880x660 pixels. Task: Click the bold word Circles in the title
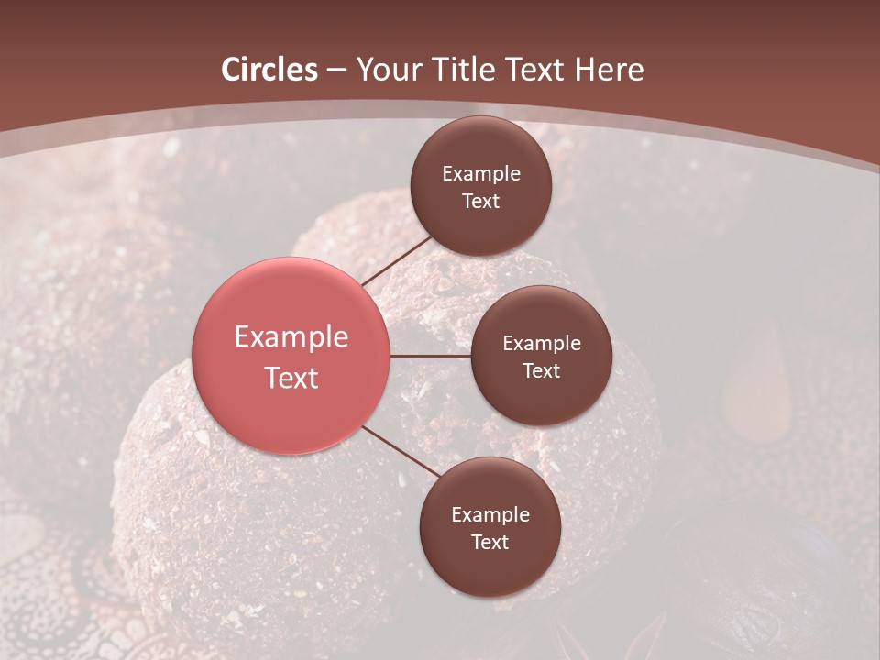coord(269,70)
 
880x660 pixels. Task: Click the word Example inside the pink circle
coord(291,337)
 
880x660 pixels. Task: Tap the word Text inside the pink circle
coord(291,378)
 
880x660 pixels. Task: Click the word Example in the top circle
coord(480,174)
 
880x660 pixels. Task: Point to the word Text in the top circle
coord(480,202)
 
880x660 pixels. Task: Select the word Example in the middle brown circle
coord(541,344)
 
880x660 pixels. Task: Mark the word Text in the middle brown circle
coord(541,371)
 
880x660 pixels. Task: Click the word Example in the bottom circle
coord(489,515)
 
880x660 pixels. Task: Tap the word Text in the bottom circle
coord(489,543)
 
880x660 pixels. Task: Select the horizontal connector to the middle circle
coord(430,356)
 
